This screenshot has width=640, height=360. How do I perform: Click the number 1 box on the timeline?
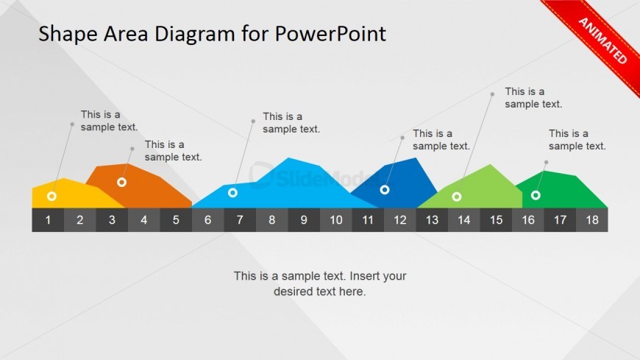[48, 220]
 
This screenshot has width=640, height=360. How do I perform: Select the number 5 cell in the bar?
[176, 220]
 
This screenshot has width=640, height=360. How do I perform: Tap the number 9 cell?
[304, 220]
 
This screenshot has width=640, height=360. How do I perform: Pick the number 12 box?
[400, 220]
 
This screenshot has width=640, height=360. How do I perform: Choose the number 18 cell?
[592, 220]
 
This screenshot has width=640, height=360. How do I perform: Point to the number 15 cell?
[496, 220]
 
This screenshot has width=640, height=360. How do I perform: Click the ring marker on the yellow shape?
[51, 196]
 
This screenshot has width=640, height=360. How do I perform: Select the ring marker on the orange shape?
[121, 183]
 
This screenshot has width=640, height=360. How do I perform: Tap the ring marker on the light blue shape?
[232, 192]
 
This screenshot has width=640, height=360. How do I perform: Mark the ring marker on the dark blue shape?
[385, 190]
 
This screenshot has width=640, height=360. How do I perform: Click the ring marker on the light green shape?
[457, 197]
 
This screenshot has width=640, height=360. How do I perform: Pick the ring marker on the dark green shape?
[536, 195]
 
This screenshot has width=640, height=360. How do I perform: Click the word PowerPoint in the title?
[330, 34]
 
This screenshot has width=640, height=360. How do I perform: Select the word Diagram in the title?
[195, 35]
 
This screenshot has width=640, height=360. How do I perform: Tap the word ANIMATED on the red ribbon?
[603, 41]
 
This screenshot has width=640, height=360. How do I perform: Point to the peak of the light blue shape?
[288, 158]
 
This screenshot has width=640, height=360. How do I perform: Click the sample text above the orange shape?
[174, 151]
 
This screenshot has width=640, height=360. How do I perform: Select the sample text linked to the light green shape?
[533, 98]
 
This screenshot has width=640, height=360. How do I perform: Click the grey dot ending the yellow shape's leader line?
[72, 124]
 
